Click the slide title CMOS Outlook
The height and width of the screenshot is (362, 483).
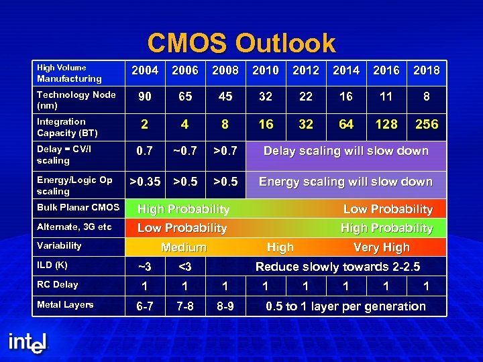point(241,44)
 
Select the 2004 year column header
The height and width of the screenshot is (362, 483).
point(145,70)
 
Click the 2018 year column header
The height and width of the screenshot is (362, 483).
point(427,70)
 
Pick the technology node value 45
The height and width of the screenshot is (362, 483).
point(225,97)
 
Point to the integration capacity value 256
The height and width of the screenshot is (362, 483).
point(427,124)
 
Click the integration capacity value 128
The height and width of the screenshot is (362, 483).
point(386,124)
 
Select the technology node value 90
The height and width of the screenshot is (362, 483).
point(145,97)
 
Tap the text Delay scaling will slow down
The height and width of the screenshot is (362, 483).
point(345,151)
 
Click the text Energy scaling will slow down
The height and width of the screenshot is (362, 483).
point(345,182)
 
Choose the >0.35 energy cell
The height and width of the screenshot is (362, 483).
point(145,182)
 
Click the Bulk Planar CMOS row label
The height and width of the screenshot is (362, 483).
point(78,208)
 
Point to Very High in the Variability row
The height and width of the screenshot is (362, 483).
point(381,247)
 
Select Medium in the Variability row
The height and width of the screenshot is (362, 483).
point(183,247)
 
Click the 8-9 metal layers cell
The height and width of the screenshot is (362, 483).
point(225,306)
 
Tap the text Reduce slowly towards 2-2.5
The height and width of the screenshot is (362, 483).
point(337,267)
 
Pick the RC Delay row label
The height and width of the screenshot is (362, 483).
point(57,285)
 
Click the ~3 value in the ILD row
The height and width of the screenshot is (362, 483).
point(145,267)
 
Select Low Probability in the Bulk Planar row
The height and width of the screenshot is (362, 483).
point(388,209)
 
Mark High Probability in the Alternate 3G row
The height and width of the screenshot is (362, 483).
point(386,228)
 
